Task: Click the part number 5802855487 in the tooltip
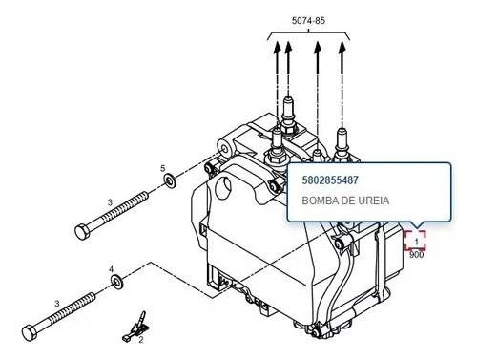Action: [x=330, y=180]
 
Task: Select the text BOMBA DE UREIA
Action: [x=345, y=201]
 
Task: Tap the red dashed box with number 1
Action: [x=415, y=241]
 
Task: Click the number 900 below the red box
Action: [x=416, y=255]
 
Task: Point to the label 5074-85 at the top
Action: [x=308, y=21]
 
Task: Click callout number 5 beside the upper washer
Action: [x=163, y=168]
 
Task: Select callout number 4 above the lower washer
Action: [x=111, y=269]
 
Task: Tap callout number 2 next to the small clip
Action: [x=141, y=340]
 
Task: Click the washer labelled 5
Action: [x=170, y=180]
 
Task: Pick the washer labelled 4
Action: [x=117, y=282]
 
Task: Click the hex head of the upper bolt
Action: [x=82, y=231]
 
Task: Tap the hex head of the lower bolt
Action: [x=30, y=333]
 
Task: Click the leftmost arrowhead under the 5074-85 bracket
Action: [x=277, y=46]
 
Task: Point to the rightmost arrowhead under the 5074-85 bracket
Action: [x=342, y=47]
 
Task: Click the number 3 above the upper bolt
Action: [x=110, y=202]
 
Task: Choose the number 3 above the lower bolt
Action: [x=57, y=304]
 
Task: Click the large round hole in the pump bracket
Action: [x=223, y=188]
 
